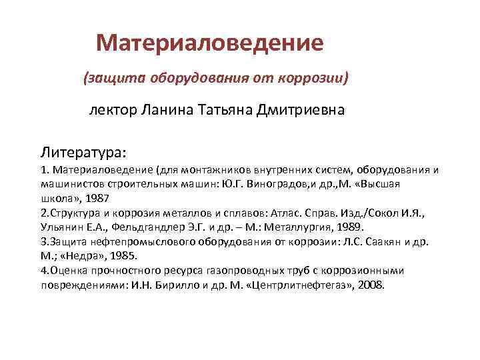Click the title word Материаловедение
click(210, 43)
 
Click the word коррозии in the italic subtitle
click(314, 78)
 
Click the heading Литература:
click(84, 146)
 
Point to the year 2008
click(370, 285)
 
